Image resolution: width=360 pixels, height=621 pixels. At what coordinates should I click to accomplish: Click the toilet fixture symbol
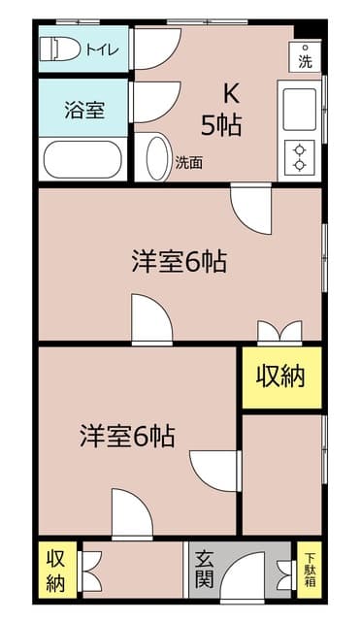[60, 49]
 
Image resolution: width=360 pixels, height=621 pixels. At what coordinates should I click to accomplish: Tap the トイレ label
[103, 49]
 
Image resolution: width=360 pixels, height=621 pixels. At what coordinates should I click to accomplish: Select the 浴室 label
[84, 110]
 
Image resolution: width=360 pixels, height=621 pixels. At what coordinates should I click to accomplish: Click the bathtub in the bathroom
[82, 159]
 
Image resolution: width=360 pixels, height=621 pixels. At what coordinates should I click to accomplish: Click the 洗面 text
[189, 162]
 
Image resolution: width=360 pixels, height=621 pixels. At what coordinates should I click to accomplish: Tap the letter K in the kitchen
[232, 94]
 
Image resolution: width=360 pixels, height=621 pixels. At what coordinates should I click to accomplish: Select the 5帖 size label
[221, 125]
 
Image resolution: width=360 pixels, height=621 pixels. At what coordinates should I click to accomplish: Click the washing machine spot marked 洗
[305, 57]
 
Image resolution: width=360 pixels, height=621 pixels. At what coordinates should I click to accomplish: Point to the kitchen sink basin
[300, 110]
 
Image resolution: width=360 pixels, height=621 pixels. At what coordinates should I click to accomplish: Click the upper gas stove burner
[300, 150]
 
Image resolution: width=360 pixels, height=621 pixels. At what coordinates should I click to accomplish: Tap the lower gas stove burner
[300, 164]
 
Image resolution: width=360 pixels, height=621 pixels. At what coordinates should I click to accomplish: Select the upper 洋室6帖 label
[180, 261]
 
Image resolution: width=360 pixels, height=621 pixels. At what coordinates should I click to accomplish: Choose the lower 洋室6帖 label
[127, 436]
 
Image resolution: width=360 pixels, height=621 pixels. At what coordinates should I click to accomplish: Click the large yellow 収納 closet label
[280, 376]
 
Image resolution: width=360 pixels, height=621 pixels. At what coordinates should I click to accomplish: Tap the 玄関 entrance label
[205, 571]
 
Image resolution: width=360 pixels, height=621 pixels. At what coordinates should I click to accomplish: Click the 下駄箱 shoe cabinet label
[310, 571]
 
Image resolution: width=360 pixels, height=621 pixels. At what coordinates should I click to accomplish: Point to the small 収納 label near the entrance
[56, 571]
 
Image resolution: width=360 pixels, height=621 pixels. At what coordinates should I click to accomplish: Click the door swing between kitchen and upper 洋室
[251, 209]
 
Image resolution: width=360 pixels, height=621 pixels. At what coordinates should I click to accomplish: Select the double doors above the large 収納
[279, 331]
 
